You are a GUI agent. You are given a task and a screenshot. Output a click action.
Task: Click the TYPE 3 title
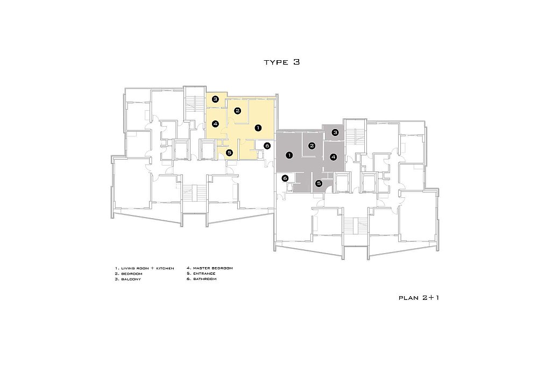click(282, 62)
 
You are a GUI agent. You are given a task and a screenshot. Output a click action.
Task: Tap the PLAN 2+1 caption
click(419, 298)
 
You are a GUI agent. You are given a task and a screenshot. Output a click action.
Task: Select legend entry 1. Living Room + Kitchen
click(144, 268)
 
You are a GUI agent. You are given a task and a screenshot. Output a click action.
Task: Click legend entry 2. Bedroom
click(129, 274)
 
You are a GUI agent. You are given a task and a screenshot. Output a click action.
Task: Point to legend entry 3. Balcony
click(128, 279)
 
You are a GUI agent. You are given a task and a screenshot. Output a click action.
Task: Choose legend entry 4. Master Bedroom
click(210, 268)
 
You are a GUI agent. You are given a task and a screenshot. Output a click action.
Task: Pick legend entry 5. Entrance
click(201, 274)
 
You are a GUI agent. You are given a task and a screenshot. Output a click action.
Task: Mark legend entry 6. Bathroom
click(202, 279)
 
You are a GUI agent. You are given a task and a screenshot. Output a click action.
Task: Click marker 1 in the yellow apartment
click(258, 128)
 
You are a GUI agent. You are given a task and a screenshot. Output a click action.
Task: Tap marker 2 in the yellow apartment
click(237, 111)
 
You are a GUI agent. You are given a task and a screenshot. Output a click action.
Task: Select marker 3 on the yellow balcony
click(215, 99)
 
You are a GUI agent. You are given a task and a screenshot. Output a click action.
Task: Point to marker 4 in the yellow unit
click(215, 124)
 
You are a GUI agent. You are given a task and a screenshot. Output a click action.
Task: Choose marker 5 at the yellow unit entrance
click(229, 153)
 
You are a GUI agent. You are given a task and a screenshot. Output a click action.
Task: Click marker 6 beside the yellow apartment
click(267, 146)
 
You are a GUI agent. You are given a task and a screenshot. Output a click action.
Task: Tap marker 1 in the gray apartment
click(289, 155)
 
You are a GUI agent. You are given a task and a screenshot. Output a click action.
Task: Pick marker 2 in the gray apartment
click(312, 146)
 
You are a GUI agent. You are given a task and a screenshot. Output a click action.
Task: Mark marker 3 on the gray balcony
click(335, 133)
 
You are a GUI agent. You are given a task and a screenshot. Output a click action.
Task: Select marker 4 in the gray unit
click(333, 157)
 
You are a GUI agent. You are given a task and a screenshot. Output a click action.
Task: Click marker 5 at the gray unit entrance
click(318, 184)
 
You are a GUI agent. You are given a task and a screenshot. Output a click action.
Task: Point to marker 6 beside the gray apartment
click(285, 178)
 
